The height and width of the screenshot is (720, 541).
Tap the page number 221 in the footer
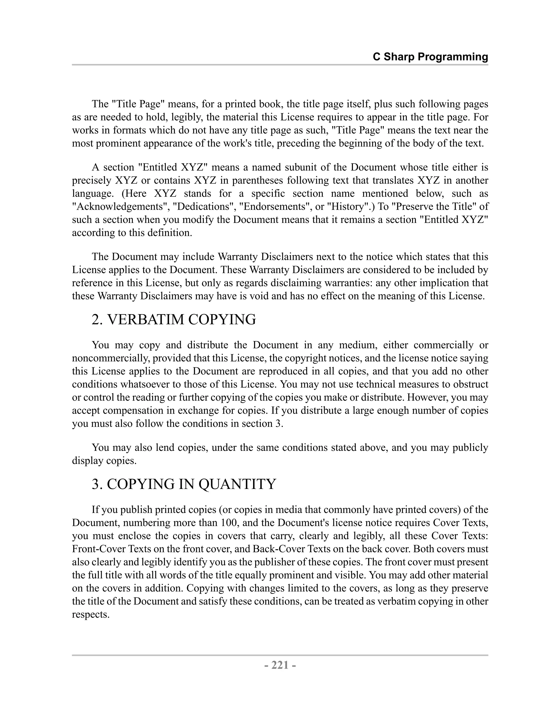pos(280,665)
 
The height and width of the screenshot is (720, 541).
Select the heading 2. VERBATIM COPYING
pos(174,319)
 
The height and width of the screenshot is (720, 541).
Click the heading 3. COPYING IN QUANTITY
pos(184,484)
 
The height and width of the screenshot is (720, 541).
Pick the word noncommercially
pos(111,358)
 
